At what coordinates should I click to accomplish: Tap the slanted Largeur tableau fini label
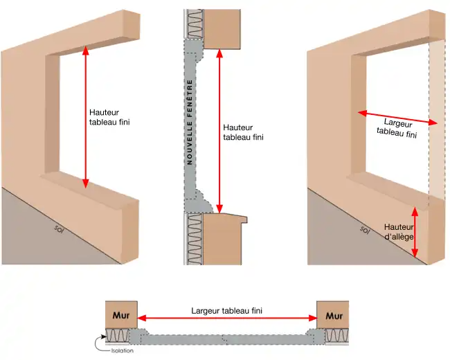(398, 128)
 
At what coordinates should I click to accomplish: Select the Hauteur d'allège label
(398, 232)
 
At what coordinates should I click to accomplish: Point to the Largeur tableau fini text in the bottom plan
(226, 311)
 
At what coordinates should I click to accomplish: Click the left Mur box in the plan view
(121, 316)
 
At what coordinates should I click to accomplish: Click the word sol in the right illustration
(366, 228)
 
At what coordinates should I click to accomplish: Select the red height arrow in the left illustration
(86, 117)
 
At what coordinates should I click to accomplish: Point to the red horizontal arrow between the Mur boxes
(226, 320)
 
